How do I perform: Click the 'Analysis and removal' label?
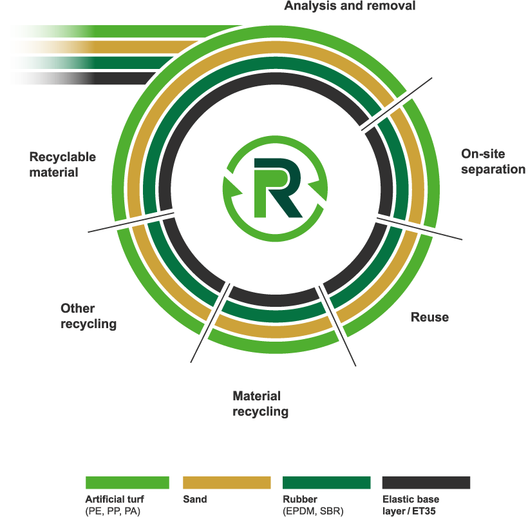pos(350,6)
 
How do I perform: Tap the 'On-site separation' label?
pos(493,162)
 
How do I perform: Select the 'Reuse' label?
pos(429,318)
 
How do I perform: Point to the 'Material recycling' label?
pos(260,404)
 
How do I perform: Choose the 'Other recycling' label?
pos(88,316)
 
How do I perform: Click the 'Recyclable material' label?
pos(62,164)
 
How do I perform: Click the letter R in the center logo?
pos(277,188)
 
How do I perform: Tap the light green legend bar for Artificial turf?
pos(127,483)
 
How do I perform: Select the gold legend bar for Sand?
pos(227,483)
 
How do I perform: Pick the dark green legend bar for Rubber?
pos(326,483)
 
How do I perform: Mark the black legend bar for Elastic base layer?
pos(426,483)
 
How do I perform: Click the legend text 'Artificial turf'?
pos(115,499)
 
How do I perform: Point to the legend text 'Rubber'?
pos(300,499)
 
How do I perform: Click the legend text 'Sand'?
pos(194,499)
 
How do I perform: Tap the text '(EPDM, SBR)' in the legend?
pos(313,511)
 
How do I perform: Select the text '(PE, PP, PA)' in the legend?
pos(113,511)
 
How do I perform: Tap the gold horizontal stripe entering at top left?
pos(97,46)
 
